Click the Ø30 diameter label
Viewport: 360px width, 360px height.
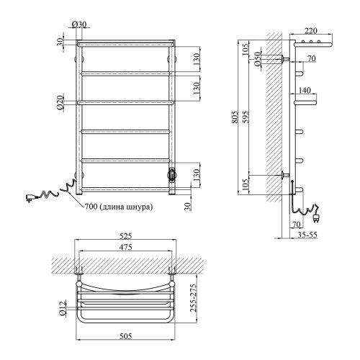[x=79, y=24]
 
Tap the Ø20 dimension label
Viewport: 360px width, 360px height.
[x=60, y=102]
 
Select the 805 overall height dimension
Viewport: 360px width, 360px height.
[x=235, y=117]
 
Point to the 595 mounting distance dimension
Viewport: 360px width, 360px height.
[x=246, y=117]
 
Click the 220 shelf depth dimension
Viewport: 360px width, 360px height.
[x=310, y=31]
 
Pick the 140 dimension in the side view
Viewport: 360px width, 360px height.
[x=305, y=90]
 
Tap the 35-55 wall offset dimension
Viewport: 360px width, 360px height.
[x=307, y=235]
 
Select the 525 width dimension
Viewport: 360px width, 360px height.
[x=126, y=236]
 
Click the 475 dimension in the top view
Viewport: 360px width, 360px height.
[x=126, y=247]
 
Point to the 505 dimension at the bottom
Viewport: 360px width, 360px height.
[x=126, y=336]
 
